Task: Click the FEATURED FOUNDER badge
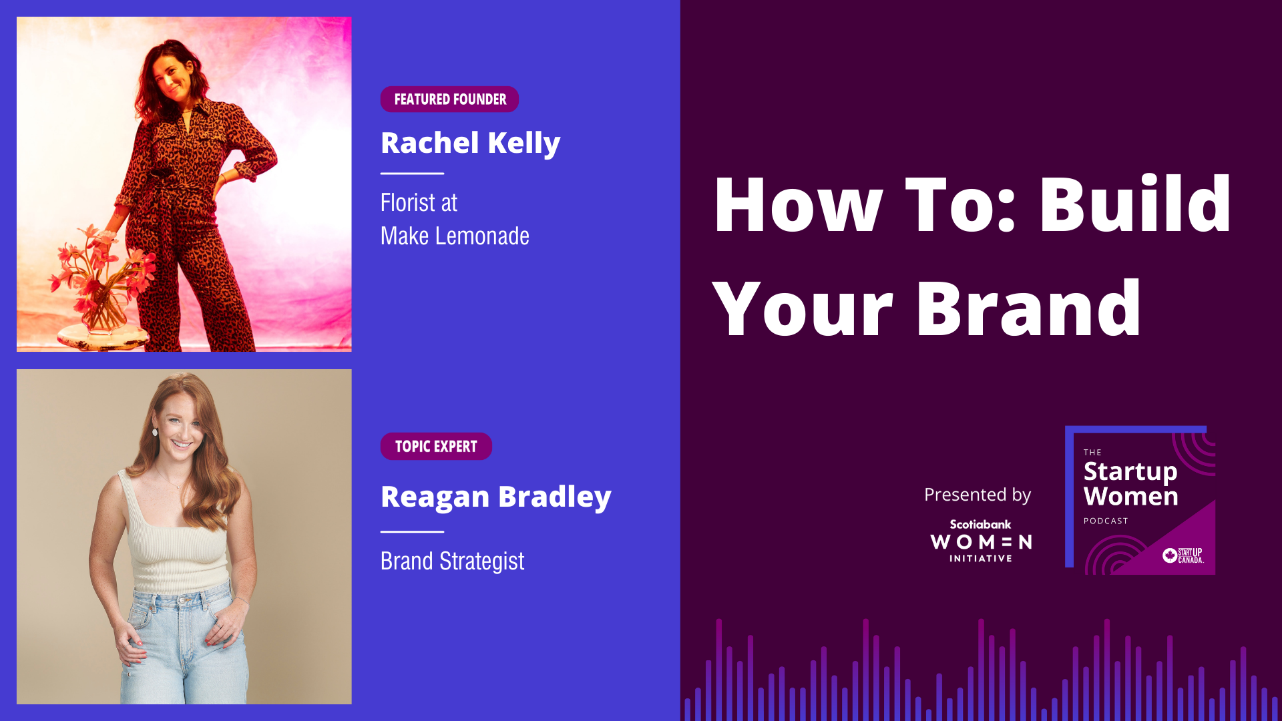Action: pos(449,99)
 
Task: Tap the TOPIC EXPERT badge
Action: pos(436,447)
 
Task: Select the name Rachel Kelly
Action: pos(470,144)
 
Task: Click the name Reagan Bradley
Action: pos(495,497)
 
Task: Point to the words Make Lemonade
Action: pos(455,236)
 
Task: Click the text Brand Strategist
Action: pos(452,561)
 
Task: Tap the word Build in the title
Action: pos(1135,204)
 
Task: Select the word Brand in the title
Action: pos(1028,308)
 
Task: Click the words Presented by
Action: pos(978,495)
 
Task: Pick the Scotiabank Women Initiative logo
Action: pos(981,541)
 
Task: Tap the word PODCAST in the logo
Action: pos(1106,521)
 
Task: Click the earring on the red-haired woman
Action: pos(155,431)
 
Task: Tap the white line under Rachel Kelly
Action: pos(412,174)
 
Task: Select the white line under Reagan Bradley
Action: pos(412,532)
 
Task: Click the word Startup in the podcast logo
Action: pos(1130,472)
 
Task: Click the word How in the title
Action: pos(799,204)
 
